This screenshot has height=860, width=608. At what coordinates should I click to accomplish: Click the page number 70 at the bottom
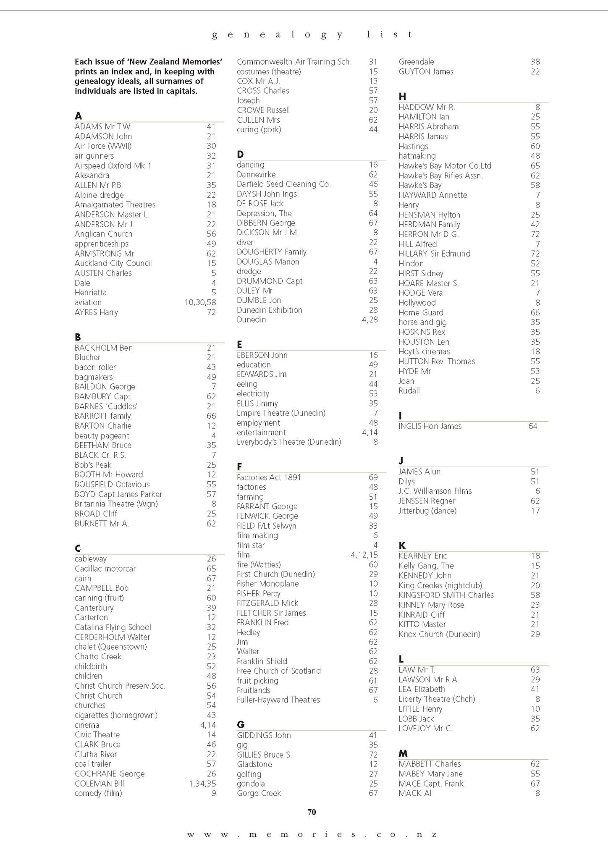pyautogui.click(x=312, y=812)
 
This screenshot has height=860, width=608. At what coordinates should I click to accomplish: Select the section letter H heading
pyautogui.click(x=402, y=97)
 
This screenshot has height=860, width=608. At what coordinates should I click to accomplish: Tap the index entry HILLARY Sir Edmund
pyautogui.click(x=434, y=254)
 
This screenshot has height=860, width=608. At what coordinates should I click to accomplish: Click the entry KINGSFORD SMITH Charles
pyautogui.click(x=446, y=595)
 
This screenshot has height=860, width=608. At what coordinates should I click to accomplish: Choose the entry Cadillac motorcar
pyautogui.click(x=105, y=569)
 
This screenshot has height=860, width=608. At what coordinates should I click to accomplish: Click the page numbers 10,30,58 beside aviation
pyautogui.click(x=200, y=302)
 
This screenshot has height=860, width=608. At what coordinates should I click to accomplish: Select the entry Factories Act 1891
pyautogui.click(x=269, y=477)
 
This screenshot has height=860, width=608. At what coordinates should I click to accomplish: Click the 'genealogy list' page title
pyautogui.click(x=312, y=34)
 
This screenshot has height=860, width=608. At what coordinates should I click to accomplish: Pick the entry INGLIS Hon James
pyautogui.click(x=430, y=426)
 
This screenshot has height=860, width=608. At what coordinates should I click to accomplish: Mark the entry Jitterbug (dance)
pyautogui.click(x=427, y=511)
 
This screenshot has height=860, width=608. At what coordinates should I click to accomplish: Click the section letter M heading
pyautogui.click(x=403, y=753)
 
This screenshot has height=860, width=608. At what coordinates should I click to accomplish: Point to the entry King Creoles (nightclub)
pyautogui.click(x=440, y=585)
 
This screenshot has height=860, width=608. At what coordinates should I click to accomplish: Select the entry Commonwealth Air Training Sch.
pyautogui.click(x=294, y=62)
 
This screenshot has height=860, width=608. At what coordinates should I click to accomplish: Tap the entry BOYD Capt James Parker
pyautogui.click(x=118, y=494)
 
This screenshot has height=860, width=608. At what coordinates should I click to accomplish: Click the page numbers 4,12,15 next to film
pyautogui.click(x=364, y=555)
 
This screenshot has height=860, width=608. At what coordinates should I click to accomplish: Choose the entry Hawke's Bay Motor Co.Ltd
pyautogui.click(x=445, y=166)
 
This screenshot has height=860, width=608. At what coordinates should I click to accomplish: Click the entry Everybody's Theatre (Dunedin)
pyautogui.click(x=289, y=442)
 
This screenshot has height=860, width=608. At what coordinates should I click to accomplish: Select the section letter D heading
pyautogui.click(x=240, y=155)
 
